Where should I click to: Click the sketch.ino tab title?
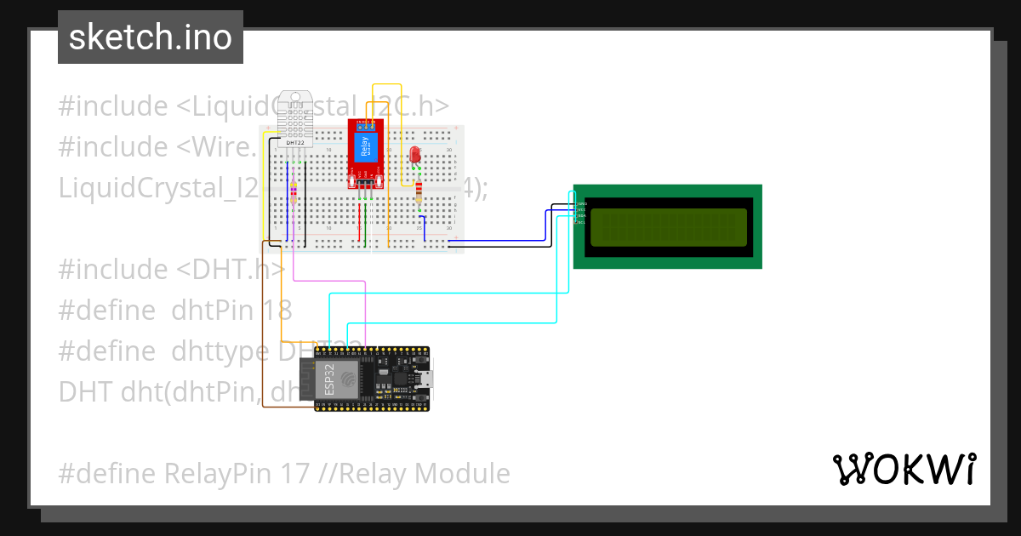(x=151, y=37)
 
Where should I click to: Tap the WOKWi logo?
(x=904, y=469)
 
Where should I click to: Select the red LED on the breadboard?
(x=415, y=155)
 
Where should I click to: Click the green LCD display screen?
(x=668, y=226)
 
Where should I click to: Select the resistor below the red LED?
(x=419, y=193)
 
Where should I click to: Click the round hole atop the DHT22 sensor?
(x=295, y=96)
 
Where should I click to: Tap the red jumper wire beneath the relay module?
(x=360, y=223)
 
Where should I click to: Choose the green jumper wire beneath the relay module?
(x=368, y=223)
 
